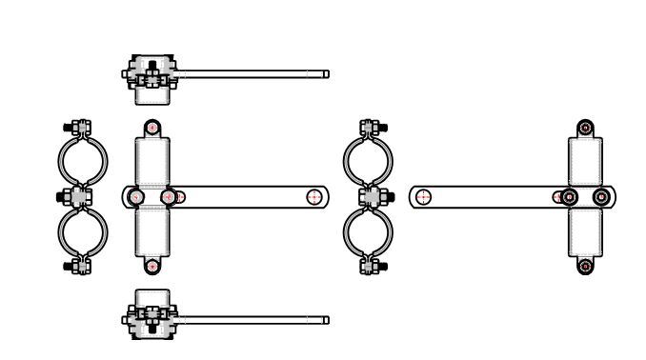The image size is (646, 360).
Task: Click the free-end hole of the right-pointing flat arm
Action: (x=314, y=197)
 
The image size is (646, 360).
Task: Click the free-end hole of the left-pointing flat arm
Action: (x=424, y=197)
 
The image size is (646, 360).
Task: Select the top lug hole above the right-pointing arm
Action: (x=151, y=128)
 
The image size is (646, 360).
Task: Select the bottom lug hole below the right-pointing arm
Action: (x=151, y=266)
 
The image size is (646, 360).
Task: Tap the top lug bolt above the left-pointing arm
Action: (x=585, y=128)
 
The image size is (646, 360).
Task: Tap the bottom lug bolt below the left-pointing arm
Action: (x=585, y=266)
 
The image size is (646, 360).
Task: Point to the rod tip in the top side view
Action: (x=326, y=73)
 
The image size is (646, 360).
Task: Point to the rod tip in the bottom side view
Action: (x=326, y=320)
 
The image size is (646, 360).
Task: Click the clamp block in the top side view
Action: (x=151, y=72)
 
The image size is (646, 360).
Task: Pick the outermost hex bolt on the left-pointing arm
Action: (x=601, y=197)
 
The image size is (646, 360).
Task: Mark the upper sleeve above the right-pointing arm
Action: (x=151, y=159)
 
